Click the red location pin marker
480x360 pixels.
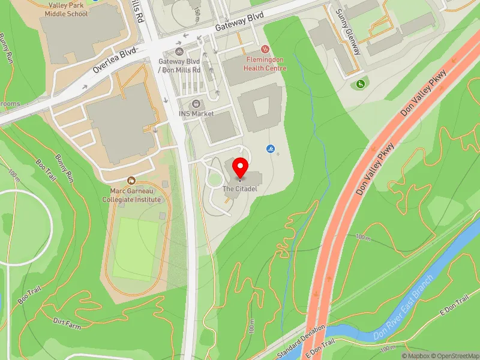[x=241, y=167]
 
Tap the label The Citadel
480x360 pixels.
[x=240, y=189]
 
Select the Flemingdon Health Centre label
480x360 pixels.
[x=266, y=64]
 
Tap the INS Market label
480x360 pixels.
[x=196, y=113]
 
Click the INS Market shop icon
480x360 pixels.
[x=197, y=104]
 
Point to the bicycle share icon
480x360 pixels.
[x=179, y=52]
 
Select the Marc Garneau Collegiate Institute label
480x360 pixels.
[x=131, y=195]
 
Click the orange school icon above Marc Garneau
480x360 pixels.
[x=131, y=180]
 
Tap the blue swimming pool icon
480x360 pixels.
[x=270, y=148]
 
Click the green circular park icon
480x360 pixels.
[x=360, y=83]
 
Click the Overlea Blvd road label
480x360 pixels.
[x=116, y=61]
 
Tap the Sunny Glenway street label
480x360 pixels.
[x=348, y=31]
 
